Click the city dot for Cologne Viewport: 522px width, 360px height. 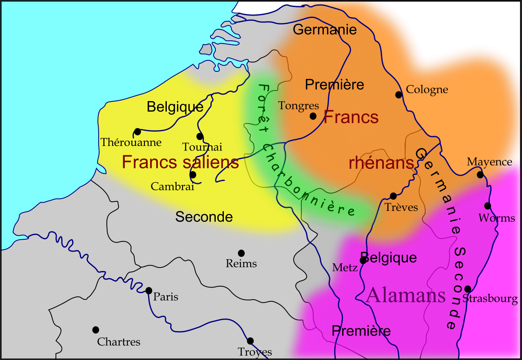[399, 95]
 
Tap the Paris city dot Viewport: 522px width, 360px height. [149, 290]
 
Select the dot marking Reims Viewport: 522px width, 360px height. [241, 253]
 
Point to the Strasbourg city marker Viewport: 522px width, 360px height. [468, 289]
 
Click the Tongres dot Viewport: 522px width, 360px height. [313, 116]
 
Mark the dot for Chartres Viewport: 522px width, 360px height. [96, 330]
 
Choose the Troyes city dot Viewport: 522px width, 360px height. [250, 341]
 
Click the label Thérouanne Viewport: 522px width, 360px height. [131, 143]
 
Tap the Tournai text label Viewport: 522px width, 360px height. [202, 147]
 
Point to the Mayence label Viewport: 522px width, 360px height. [489, 162]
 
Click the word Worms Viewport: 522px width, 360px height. [497, 218]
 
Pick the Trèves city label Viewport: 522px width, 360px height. [401, 208]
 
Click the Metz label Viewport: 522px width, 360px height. [345, 267]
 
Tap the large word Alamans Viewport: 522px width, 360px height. [406, 295]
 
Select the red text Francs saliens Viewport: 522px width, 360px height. [180, 163]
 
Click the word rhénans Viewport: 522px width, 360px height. [381, 163]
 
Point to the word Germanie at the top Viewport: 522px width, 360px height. [325, 29]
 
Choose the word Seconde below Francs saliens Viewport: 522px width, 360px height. [204, 217]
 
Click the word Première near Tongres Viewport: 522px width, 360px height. [334, 85]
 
